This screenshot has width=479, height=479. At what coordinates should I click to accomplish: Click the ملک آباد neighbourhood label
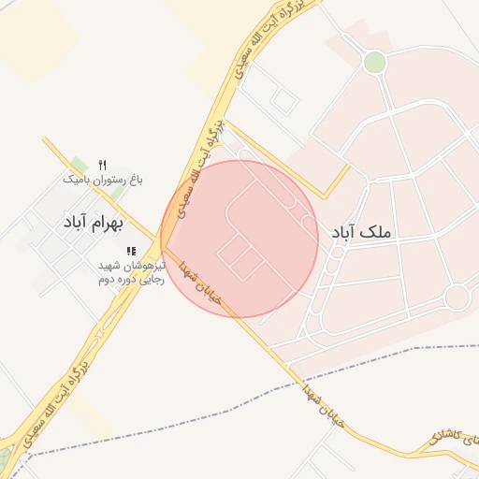(361, 230)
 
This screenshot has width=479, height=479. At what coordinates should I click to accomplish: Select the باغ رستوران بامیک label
(103, 178)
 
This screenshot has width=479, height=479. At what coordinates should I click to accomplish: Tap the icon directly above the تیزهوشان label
(131, 251)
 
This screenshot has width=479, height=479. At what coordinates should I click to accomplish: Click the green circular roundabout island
(374, 62)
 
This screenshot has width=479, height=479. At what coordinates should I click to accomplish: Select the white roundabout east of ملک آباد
(457, 298)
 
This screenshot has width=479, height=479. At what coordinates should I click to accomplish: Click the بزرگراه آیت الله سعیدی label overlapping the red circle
(201, 168)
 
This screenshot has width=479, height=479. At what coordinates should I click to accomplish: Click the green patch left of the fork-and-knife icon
(80, 166)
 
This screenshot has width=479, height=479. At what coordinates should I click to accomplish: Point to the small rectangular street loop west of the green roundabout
(284, 97)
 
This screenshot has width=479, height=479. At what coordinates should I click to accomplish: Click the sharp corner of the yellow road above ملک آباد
(324, 196)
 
